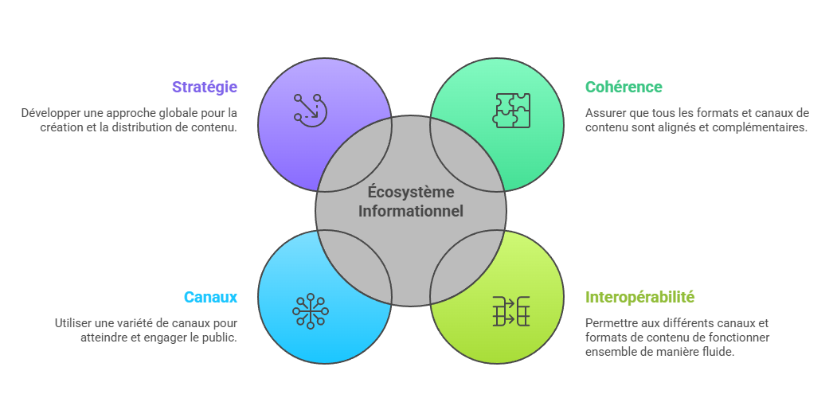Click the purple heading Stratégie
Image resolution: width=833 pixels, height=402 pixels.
(205, 87)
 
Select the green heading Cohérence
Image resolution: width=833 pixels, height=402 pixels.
(624, 87)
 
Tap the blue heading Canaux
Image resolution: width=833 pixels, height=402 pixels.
(210, 297)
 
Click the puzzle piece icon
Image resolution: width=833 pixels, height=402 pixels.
(511, 111)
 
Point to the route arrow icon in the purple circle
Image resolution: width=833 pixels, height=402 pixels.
(310, 108)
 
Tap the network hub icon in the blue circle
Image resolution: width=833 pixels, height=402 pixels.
(310, 310)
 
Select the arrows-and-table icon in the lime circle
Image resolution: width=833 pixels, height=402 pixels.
(511, 310)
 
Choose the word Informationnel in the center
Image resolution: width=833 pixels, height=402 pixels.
(411, 212)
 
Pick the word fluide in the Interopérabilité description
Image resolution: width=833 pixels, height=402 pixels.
(718, 352)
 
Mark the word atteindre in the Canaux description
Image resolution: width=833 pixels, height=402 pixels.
(102, 338)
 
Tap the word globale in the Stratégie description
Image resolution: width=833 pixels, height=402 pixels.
(168, 113)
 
